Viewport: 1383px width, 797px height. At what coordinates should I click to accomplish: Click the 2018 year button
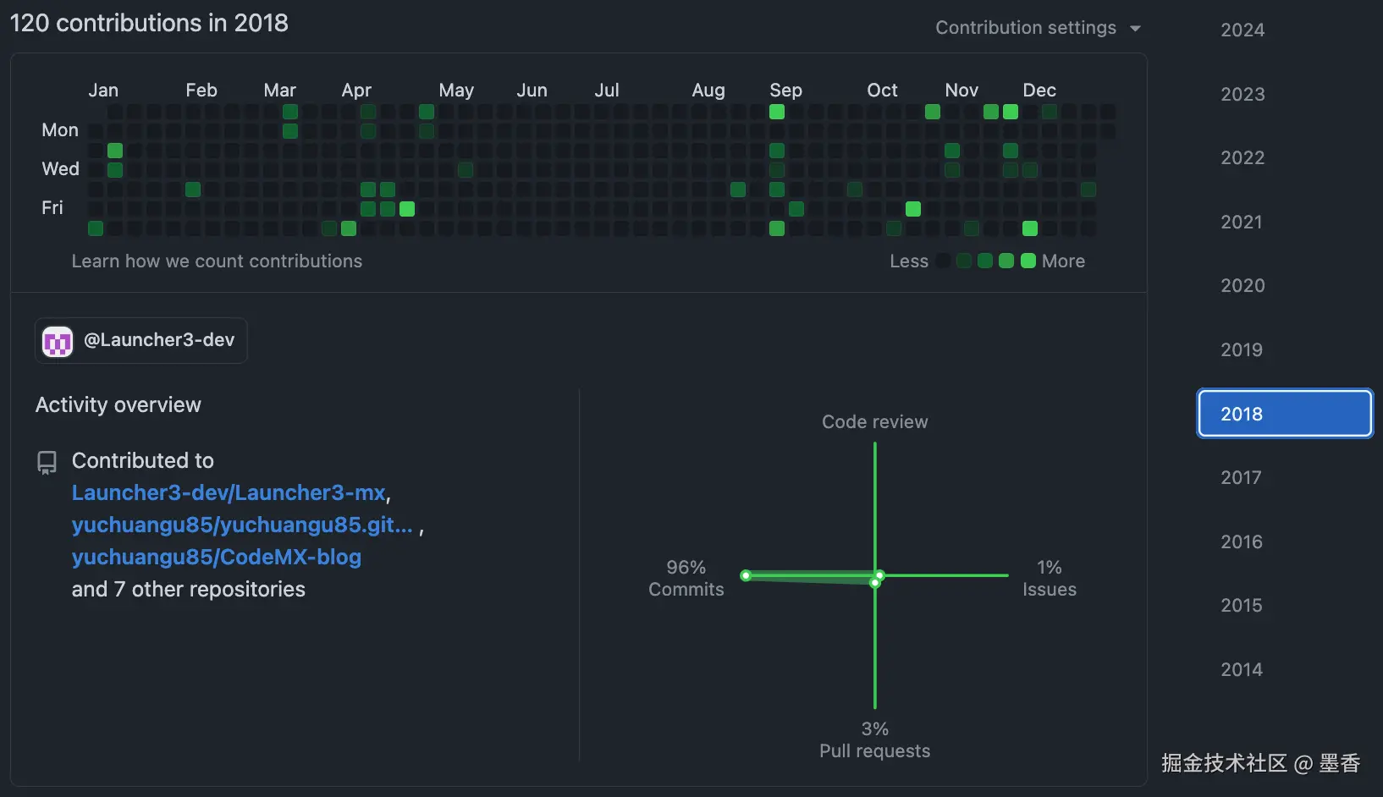tap(1284, 414)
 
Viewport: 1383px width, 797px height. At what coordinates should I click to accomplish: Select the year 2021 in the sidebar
tap(1241, 223)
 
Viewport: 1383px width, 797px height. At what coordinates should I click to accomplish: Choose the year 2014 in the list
tap(1241, 670)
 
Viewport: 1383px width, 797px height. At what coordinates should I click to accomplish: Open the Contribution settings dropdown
tap(1038, 28)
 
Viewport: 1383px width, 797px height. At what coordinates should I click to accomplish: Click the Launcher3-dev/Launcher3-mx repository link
tap(229, 493)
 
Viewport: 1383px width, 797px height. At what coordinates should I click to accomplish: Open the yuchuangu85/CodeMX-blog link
tap(216, 558)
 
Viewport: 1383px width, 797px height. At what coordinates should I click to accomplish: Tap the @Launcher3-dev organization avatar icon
tap(58, 341)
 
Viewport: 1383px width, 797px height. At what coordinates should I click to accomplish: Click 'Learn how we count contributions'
tap(217, 261)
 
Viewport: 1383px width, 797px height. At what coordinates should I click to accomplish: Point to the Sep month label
tap(785, 91)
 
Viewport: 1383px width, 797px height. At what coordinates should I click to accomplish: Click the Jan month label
tap(103, 91)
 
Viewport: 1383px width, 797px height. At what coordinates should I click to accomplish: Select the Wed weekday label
tap(60, 169)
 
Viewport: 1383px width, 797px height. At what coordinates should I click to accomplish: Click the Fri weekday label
tap(52, 208)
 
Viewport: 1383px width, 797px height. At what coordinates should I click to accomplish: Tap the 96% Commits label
tap(686, 579)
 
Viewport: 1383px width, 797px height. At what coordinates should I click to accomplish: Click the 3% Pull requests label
tap(874, 740)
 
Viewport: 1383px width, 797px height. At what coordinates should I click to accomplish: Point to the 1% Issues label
tap(1049, 579)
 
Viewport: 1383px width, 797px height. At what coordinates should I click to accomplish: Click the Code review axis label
tap(874, 422)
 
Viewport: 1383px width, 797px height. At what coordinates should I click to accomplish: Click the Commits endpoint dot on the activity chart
tap(746, 575)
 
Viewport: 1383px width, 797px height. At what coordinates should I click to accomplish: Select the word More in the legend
tap(1063, 261)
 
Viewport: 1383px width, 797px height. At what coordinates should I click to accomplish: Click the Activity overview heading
tap(118, 405)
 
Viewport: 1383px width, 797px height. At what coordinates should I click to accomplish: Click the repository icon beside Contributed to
tap(47, 462)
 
